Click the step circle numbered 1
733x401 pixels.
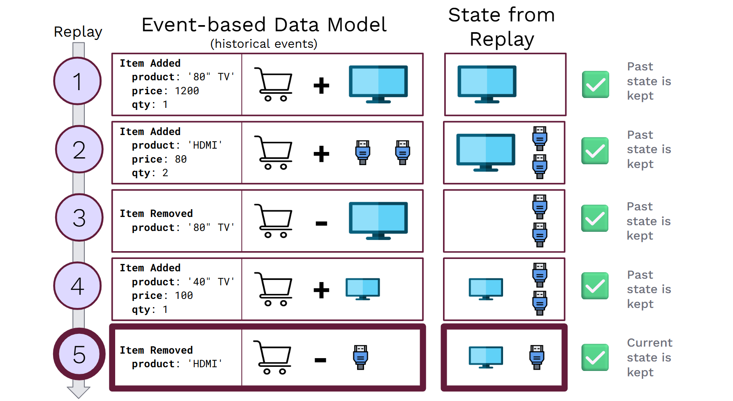pos(77,81)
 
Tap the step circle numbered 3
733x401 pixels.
pos(79,217)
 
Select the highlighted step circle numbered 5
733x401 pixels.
pos(79,354)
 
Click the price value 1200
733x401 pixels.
pos(187,91)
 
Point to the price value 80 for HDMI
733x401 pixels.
pos(181,159)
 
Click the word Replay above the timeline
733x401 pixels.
pos(78,32)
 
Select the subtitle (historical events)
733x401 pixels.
pos(264,44)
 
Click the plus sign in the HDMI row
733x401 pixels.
pos(321,154)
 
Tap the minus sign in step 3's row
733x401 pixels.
pos(321,224)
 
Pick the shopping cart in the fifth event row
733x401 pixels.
pos(273,357)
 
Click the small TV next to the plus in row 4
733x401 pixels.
pos(362,289)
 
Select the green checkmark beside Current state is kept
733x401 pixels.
pos(595,357)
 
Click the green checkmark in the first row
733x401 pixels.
pos(595,84)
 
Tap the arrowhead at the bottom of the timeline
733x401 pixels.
pos(78,392)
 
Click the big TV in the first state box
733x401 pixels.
pos(487,84)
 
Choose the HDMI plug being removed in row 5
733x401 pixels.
pos(360,357)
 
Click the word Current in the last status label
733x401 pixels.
pos(649,343)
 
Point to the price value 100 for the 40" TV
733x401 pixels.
pos(183,296)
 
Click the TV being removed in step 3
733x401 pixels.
pos(378,220)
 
